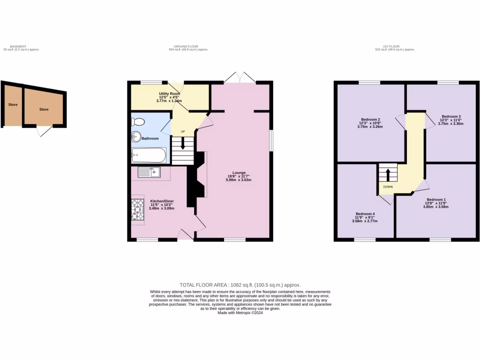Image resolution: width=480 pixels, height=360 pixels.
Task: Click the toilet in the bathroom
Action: point(138,122)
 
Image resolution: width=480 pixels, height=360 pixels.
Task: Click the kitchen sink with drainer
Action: point(149,172)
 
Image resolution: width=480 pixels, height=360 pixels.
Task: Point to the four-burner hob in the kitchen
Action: point(138,209)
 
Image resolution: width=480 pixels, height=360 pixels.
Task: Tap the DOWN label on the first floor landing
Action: point(388,187)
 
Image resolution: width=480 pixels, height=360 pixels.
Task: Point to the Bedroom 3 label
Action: point(451,116)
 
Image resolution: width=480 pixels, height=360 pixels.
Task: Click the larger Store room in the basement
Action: point(44,109)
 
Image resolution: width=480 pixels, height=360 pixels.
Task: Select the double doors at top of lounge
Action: point(240,77)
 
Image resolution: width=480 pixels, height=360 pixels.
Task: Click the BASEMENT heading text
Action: point(18,46)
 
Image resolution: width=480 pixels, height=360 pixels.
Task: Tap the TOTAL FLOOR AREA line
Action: point(240,285)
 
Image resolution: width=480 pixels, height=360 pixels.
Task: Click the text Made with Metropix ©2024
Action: point(240,313)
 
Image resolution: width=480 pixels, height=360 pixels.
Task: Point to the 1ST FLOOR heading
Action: point(390,46)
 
